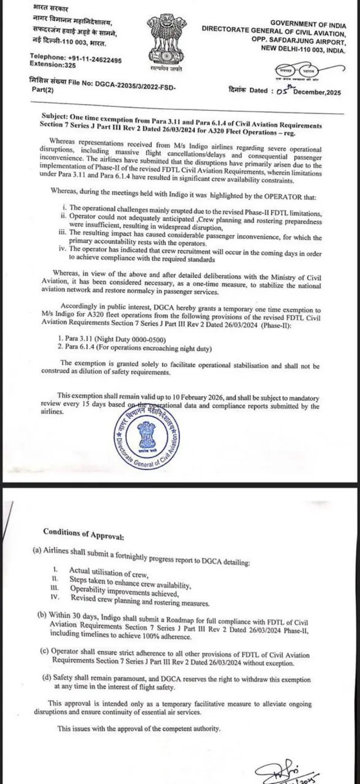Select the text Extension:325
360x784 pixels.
coord(52,66)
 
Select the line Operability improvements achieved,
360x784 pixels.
coord(124,588)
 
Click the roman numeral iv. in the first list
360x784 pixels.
coord(64,248)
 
